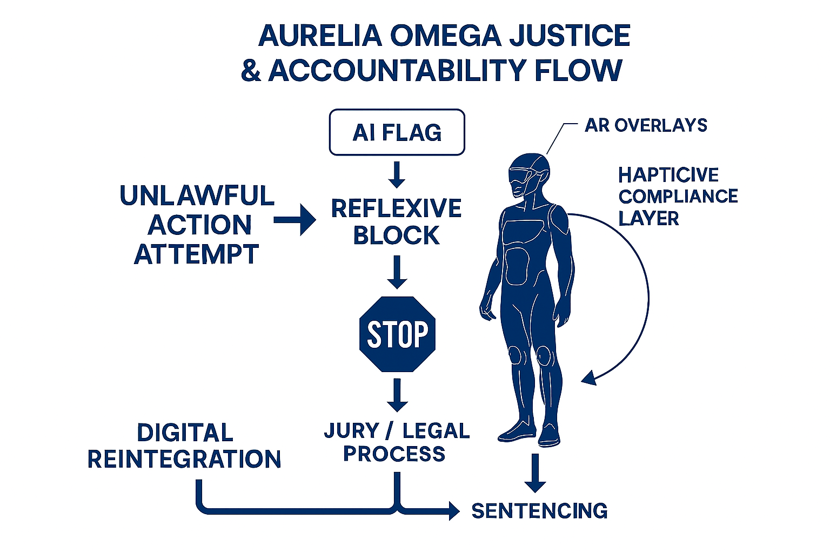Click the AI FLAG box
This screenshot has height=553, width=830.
tap(397, 132)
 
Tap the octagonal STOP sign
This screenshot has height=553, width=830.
tap(397, 334)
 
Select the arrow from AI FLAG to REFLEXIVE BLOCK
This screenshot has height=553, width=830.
tap(397, 174)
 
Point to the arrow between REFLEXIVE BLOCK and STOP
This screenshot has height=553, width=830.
tap(397, 272)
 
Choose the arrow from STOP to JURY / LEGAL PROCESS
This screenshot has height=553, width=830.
tap(397, 395)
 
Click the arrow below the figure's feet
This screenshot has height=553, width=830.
tap(535, 473)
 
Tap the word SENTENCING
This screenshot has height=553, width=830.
tap(539, 511)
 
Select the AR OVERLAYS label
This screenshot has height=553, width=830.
tap(646, 125)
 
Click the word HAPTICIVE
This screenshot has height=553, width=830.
tap(668, 175)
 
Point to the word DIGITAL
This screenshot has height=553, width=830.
tap(185, 433)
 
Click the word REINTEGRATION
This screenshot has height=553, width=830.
tap(184, 460)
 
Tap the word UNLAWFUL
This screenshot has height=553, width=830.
tap(197, 195)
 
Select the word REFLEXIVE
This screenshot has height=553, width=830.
tap(397, 208)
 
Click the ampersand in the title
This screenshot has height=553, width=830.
tap(250, 71)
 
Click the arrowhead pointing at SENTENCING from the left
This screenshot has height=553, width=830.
tap(453, 510)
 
